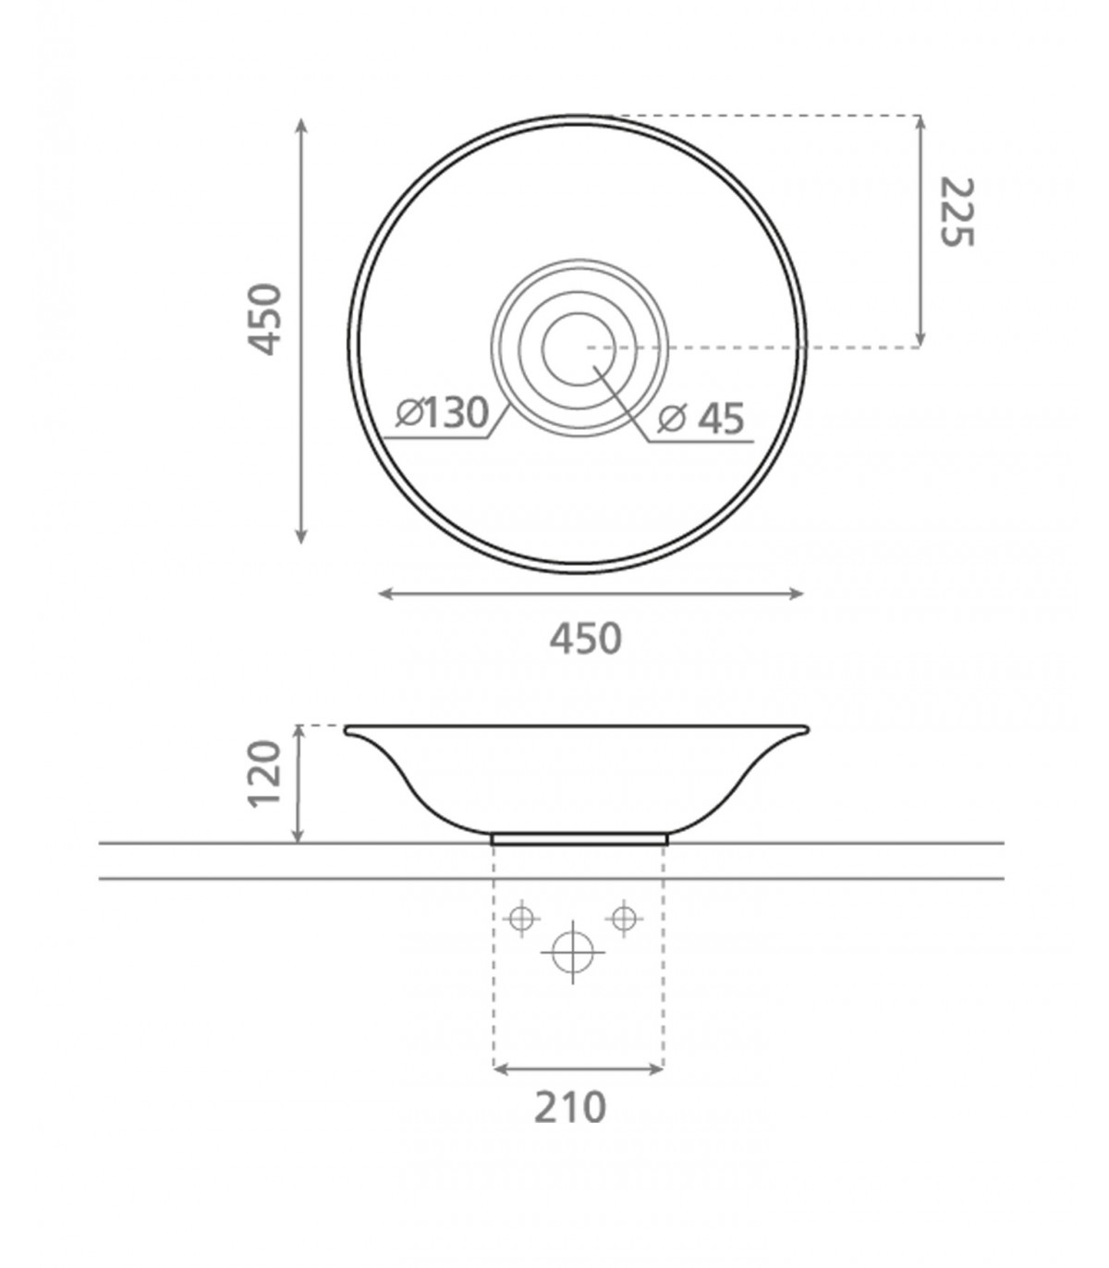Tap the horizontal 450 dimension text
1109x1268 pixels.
tap(586, 639)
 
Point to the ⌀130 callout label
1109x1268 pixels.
tap(443, 412)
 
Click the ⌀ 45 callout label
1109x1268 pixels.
tap(701, 419)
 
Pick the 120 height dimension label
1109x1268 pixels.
tap(264, 774)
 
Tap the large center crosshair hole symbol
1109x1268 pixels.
tap(573, 951)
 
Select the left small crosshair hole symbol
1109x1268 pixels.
tap(521, 918)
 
